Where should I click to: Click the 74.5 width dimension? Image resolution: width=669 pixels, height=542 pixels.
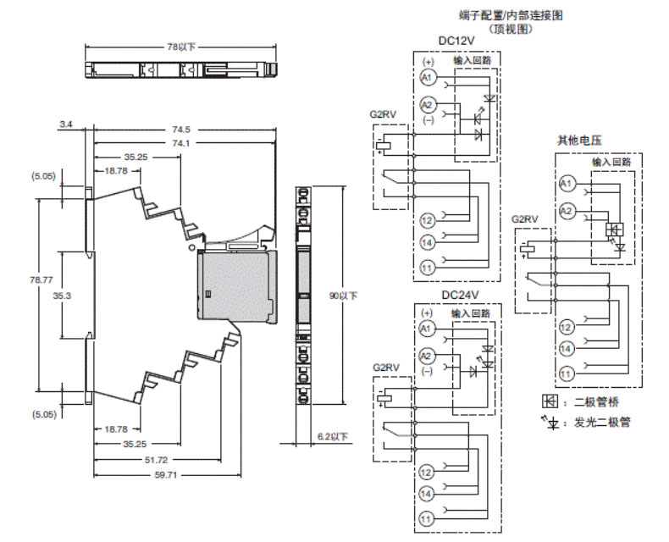180,130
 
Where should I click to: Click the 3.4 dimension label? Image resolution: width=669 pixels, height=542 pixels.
65,124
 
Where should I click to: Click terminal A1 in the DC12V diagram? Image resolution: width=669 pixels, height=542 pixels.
428,78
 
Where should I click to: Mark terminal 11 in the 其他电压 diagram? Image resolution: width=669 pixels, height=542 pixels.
567,372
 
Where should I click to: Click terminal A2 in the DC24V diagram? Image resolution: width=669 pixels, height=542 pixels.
428,356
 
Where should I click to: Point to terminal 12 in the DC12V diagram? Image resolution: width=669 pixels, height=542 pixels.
428,220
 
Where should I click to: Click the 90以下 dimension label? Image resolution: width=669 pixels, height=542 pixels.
343,296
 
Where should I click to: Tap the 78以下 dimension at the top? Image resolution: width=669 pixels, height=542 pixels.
180,47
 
